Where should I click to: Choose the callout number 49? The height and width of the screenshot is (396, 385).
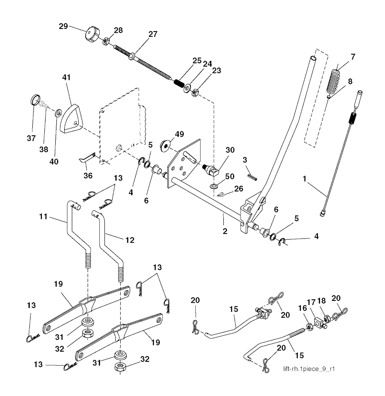coord(179,135)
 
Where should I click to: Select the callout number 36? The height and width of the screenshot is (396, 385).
coord(88,175)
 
